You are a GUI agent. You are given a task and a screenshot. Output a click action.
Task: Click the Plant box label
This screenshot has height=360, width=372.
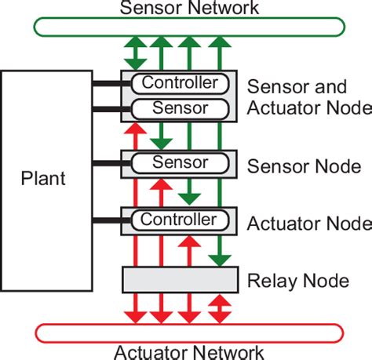(x=43, y=178)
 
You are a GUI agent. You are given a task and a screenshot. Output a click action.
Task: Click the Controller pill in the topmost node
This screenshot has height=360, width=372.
(x=180, y=83)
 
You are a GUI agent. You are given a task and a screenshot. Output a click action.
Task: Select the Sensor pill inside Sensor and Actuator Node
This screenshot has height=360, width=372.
(x=180, y=107)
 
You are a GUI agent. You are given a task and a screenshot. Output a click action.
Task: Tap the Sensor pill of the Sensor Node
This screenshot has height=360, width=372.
(x=180, y=163)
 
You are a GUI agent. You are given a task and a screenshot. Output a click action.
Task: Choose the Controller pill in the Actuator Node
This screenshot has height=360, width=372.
(x=180, y=219)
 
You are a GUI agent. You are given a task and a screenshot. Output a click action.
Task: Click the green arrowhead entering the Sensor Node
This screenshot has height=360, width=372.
(x=161, y=144)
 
